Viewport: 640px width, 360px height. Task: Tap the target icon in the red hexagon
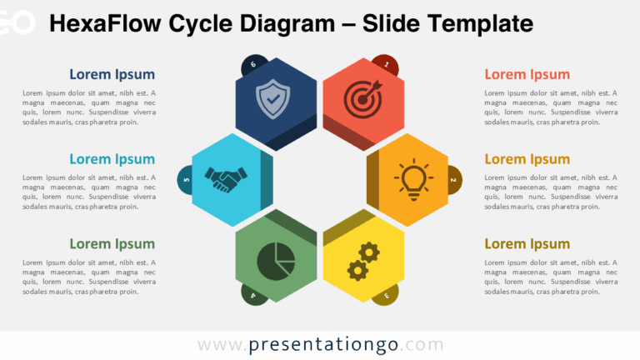[363, 98]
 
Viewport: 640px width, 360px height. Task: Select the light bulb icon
[413, 177]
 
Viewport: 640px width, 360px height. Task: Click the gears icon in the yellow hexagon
[363, 261]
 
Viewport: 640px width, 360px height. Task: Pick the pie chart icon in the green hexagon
[275, 261]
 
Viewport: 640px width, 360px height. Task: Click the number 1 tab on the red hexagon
[384, 62]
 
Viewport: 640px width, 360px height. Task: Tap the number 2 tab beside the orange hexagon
[453, 179]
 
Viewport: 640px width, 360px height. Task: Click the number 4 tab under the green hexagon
[252, 294]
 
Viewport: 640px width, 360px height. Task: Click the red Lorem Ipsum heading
[527, 74]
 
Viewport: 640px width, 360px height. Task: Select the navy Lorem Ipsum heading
[112, 74]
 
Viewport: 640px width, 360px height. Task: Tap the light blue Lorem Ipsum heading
[112, 159]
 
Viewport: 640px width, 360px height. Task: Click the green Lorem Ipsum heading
[112, 244]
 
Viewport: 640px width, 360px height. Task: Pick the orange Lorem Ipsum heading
[527, 159]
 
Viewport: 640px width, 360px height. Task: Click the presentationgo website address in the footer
[320, 344]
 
